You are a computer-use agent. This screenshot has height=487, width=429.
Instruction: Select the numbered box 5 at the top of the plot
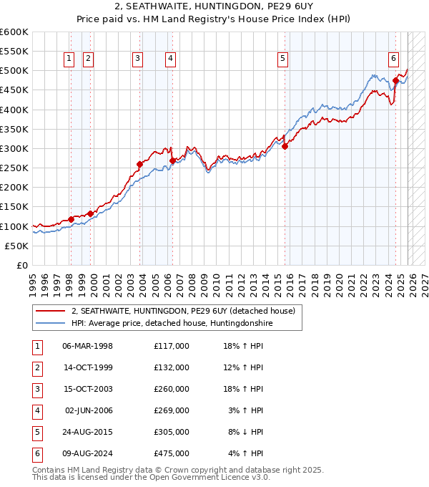(283, 59)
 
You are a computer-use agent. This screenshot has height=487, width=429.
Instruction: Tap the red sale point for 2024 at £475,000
(395, 81)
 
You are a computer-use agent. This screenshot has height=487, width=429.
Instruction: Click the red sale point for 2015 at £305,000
(285, 147)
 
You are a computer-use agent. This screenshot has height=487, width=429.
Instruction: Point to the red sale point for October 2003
(140, 164)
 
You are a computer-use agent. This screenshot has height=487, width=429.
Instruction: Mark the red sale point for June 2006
(172, 160)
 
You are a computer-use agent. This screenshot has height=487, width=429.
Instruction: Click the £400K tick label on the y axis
(14, 110)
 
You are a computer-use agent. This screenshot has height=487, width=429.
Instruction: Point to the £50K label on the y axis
(17, 246)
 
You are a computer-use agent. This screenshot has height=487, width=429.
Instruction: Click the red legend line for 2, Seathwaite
(51, 312)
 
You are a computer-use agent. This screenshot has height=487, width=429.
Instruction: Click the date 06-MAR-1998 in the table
(87, 346)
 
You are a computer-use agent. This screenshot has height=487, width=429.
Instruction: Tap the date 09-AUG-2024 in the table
(87, 454)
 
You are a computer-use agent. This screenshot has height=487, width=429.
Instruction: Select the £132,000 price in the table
(171, 367)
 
